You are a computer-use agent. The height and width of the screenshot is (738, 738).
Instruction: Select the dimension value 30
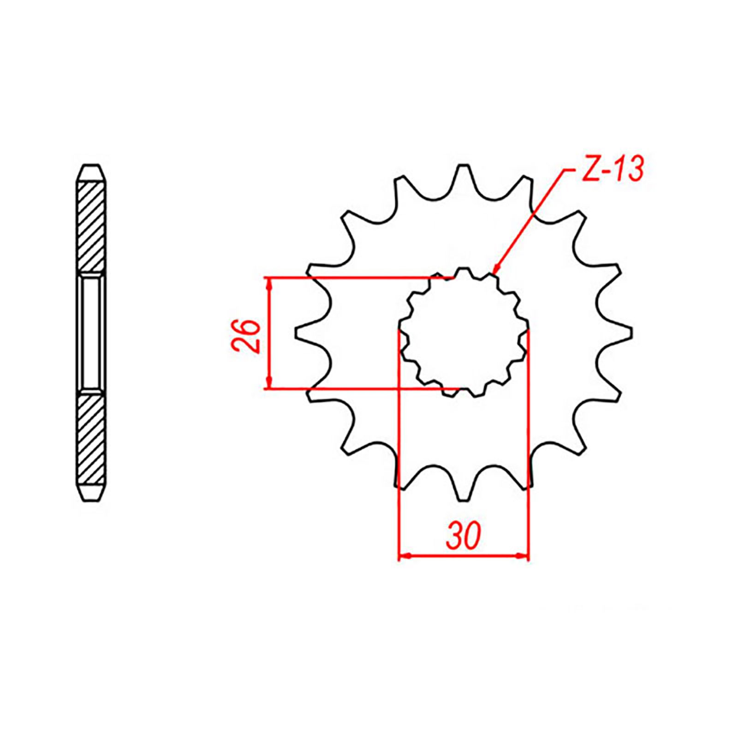[x=464, y=536]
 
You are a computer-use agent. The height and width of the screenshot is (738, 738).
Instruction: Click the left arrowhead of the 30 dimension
[x=405, y=557]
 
